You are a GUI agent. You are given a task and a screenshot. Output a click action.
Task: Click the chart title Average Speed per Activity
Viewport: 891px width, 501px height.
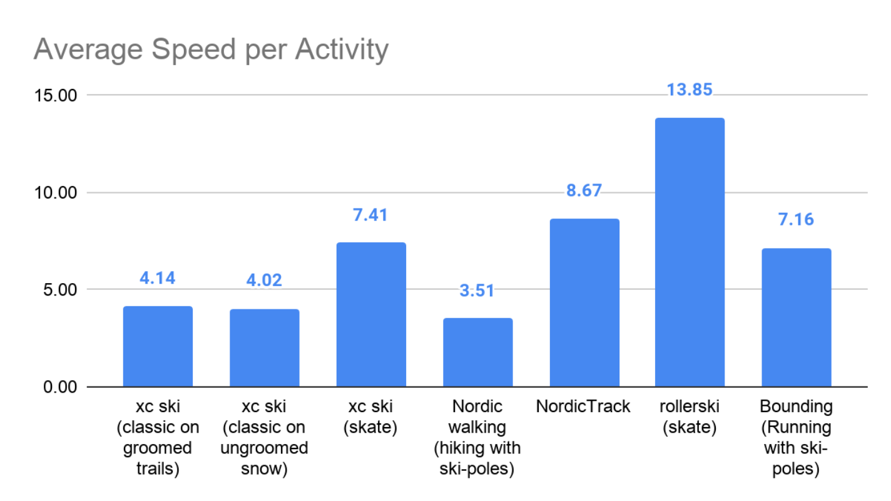coord(211,49)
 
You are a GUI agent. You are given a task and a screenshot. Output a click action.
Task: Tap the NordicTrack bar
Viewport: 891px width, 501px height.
coord(584,302)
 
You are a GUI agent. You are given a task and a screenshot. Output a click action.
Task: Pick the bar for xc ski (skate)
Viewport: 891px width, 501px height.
coord(371,314)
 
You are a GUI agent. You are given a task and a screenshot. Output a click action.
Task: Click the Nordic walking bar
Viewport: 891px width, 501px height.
coord(477,353)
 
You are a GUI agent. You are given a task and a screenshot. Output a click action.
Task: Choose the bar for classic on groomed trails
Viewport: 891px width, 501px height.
coord(158,346)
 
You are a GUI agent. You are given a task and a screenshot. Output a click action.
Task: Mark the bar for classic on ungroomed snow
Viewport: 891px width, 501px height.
coord(264,348)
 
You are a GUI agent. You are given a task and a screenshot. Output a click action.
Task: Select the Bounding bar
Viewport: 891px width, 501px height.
coord(796,318)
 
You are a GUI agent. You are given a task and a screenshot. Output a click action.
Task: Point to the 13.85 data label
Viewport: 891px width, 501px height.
coord(690,90)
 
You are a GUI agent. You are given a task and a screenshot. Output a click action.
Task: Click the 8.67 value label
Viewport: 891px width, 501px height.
coord(584,190)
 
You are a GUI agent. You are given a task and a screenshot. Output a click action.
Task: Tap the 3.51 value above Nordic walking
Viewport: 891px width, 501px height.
coord(477,291)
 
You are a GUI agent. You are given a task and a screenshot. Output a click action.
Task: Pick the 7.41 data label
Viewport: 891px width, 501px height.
coord(371,215)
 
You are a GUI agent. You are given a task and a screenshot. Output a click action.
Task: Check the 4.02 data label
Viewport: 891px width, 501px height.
coord(264,279)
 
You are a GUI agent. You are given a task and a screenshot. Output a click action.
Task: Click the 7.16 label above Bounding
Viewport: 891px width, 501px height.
coord(796,220)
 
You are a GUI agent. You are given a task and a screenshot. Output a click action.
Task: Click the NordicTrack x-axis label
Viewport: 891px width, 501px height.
coord(583,407)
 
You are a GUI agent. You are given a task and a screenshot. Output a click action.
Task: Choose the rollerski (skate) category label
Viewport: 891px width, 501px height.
coord(690,417)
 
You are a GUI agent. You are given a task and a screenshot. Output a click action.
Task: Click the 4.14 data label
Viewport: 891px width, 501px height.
coord(158,277)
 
